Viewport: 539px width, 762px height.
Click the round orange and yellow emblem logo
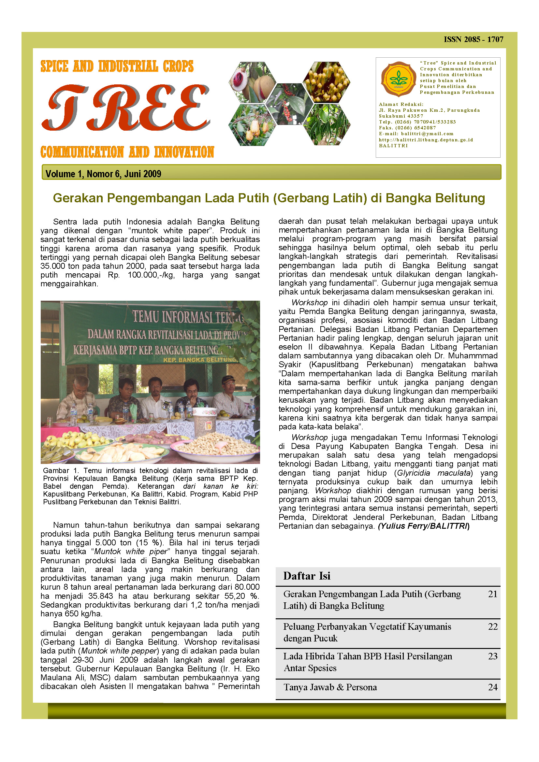point(398,79)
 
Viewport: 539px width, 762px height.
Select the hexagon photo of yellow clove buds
point(326,82)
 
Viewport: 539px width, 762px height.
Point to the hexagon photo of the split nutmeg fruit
point(252,82)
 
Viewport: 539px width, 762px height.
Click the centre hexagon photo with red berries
point(289,104)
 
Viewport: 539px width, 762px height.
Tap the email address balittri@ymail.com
point(427,134)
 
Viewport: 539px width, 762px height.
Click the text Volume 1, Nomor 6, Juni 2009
point(103,174)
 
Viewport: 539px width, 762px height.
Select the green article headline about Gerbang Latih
point(269,198)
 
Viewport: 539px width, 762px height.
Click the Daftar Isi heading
point(307,576)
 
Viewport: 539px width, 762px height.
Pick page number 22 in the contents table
point(492,626)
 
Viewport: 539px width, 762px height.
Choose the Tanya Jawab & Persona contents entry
point(330,687)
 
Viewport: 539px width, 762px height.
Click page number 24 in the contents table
point(492,687)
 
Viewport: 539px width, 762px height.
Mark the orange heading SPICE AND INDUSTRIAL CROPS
point(117,66)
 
